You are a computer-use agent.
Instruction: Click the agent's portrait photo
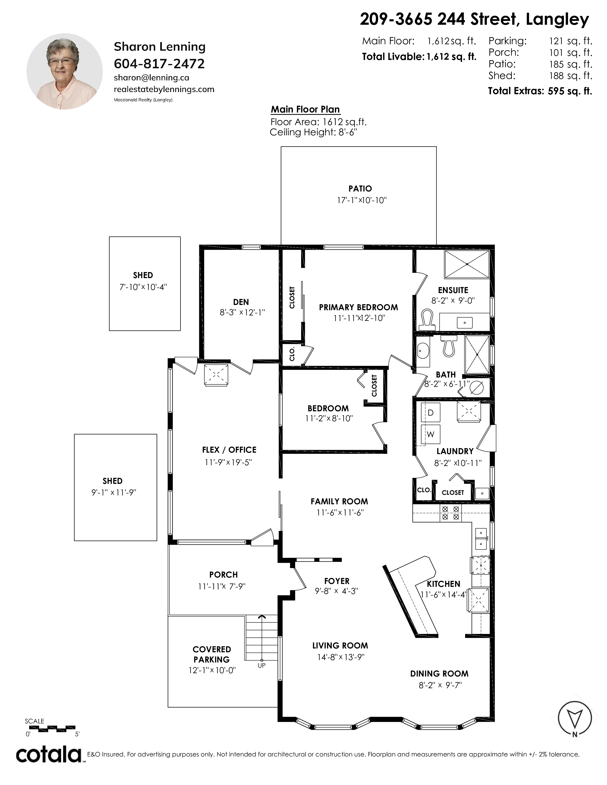coord(65,72)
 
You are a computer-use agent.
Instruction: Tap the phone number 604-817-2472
coord(159,64)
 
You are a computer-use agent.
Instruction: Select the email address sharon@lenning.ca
coord(151,78)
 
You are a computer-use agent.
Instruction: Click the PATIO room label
coord(360,189)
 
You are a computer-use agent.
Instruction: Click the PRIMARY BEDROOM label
coord(358,307)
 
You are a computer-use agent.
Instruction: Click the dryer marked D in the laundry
coord(430,413)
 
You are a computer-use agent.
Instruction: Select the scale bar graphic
coord(50,729)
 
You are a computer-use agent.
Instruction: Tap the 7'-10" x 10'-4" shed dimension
coord(143,287)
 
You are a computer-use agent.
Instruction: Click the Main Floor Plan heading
coord(305,110)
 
